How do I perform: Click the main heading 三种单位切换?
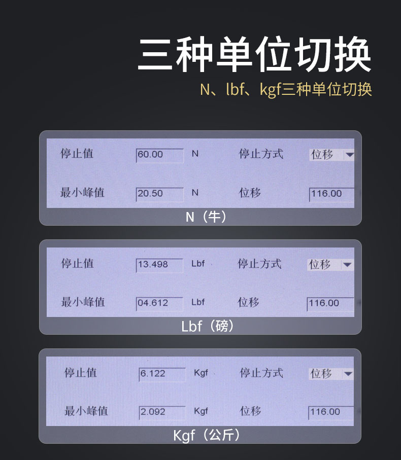[254, 55]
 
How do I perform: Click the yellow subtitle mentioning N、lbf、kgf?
[286, 89]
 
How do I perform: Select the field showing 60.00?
[160, 155]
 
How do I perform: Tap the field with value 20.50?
[160, 194]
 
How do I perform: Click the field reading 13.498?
[160, 265]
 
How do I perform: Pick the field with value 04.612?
[160, 304]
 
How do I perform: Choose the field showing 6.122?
[162, 374]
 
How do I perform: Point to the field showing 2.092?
[162, 413]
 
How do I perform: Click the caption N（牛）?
[207, 217]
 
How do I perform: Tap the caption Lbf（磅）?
[208, 326]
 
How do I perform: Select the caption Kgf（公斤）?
[207, 435]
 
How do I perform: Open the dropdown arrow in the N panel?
[349, 155]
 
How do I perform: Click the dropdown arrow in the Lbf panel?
[347, 265]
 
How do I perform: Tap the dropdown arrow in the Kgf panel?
[348, 374]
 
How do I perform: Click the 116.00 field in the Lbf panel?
[330, 304]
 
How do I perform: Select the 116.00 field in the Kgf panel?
[331, 413]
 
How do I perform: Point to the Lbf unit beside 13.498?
[198, 264]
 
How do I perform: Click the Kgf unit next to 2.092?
[201, 411]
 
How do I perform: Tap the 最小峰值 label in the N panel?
[82, 193]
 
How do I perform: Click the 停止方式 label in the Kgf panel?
[261, 373]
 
